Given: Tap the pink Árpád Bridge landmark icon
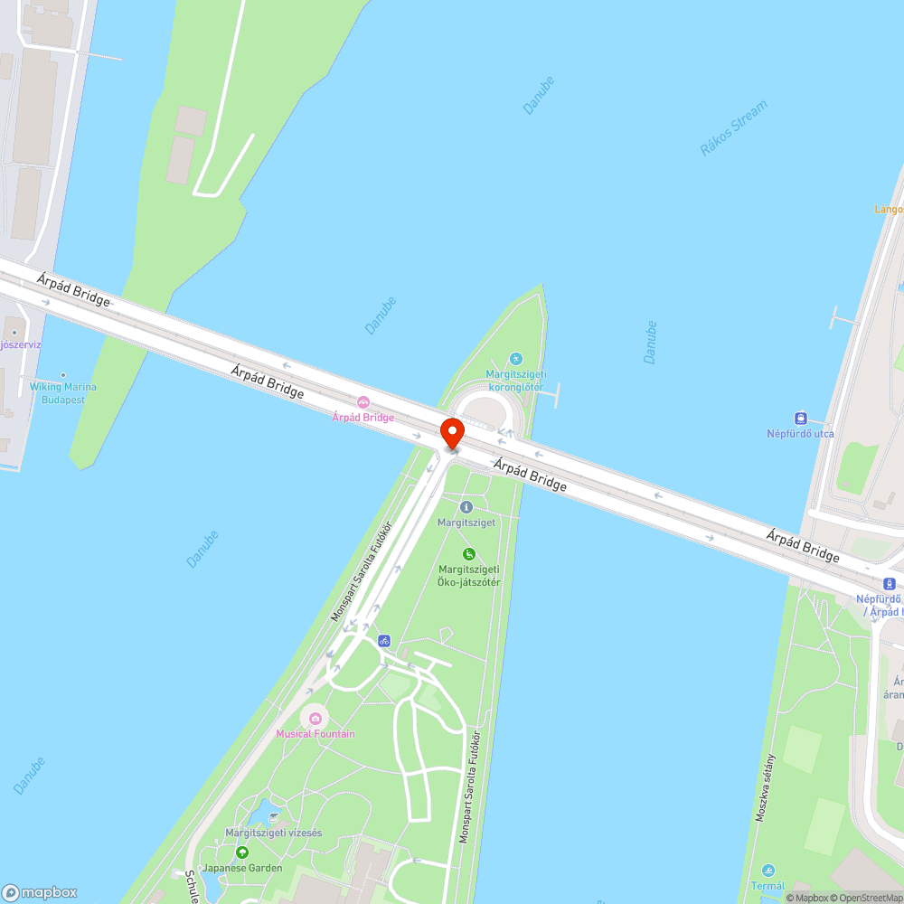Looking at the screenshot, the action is pyautogui.click(x=363, y=402).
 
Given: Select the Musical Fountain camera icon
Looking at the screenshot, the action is pyautogui.click(x=315, y=718).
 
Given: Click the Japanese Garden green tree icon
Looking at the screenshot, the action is pyautogui.click(x=241, y=852).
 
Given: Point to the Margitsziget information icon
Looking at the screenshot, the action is pyautogui.click(x=466, y=507).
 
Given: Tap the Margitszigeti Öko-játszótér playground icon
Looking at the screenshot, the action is pyautogui.click(x=468, y=553).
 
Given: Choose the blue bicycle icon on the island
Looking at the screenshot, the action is pyautogui.click(x=384, y=640).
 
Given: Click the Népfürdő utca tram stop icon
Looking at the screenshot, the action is pyautogui.click(x=800, y=418).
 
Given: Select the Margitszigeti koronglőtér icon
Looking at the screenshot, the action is pyautogui.click(x=515, y=359).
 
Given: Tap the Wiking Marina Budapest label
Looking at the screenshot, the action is pyautogui.click(x=63, y=393).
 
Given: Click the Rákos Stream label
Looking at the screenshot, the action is pyautogui.click(x=733, y=128).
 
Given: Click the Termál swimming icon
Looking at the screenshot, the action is pyautogui.click(x=768, y=871).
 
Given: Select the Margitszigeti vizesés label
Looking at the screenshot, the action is pyautogui.click(x=273, y=833).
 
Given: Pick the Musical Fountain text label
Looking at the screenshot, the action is pyautogui.click(x=315, y=734).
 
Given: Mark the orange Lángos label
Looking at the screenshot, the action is pyautogui.click(x=890, y=209).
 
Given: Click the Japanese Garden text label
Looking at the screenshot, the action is pyautogui.click(x=242, y=868).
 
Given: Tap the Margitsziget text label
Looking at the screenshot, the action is pyautogui.click(x=466, y=523).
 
